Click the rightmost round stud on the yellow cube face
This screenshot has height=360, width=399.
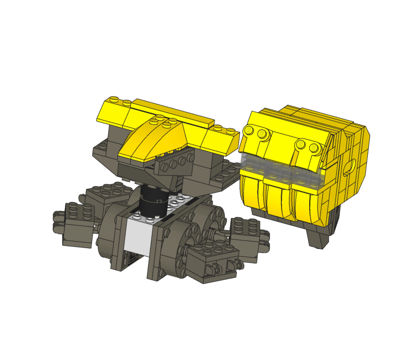pyautogui.click(x=314, y=148)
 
